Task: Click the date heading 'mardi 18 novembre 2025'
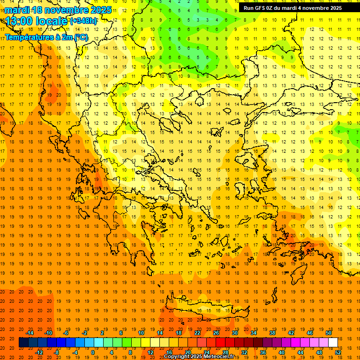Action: point(59,10)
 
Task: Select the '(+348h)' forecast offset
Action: point(83,21)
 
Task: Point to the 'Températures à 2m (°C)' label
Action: point(46,37)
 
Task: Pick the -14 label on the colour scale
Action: point(30,333)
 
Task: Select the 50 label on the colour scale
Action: point(328,333)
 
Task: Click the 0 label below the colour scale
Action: point(93,352)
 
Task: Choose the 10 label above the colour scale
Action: point(141,333)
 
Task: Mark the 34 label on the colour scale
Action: point(254,333)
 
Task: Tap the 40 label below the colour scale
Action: point(282,352)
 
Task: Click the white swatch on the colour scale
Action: point(333,343)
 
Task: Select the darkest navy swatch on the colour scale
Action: point(23,343)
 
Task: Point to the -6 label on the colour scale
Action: point(66,333)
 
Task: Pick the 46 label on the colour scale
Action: point(310,333)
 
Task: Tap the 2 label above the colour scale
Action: point(102,333)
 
